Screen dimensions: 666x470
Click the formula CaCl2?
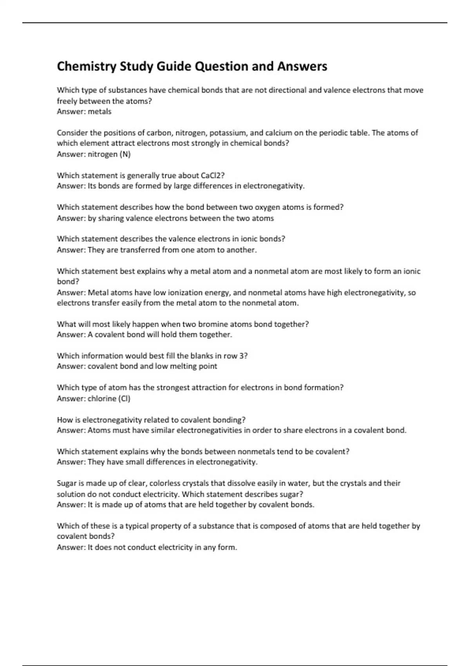212,176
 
